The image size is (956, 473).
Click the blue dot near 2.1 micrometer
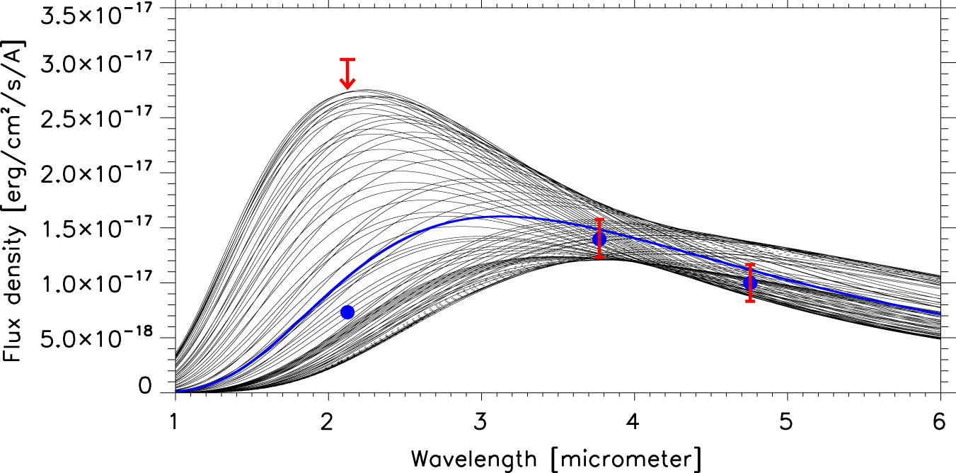[x=347, y=312]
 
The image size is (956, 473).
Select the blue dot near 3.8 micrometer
[x=599, y=239]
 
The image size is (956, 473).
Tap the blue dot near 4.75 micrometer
[x=750, y=283]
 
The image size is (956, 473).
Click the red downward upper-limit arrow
[x=347, y=74]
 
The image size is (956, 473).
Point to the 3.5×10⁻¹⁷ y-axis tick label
[x=96, y=13]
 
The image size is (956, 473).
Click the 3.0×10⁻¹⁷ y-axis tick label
[x=96, y=63]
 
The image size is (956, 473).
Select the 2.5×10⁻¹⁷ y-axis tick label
[x=96, y=118]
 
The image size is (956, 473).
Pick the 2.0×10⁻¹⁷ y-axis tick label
[x=96, y=173]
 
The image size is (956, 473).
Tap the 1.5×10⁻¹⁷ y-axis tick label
[x=96, y=227]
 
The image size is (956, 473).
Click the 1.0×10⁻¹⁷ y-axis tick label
[x=96, y=283]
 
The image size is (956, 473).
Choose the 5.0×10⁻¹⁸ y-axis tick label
[x=96, y=338]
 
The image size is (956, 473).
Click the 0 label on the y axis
[x=145, y=386]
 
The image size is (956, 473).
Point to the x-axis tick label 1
[x=173, y=422]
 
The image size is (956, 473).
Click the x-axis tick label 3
[x=481, y=422]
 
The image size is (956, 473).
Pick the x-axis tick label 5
[x=786, y=422]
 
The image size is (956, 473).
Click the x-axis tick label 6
[x=939, y=422]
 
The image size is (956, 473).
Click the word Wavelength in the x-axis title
[x=473, y=460]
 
